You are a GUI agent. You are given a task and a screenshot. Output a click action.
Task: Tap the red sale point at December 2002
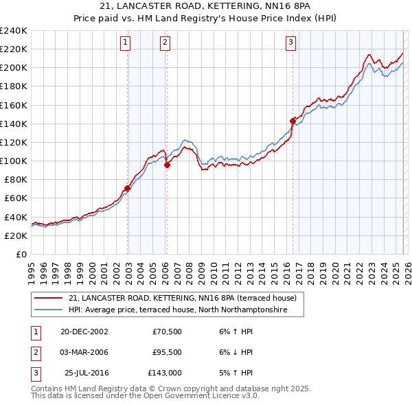128,188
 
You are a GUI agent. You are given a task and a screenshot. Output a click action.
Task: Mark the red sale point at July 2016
293,121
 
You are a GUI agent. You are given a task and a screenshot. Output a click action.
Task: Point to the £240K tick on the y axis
14,31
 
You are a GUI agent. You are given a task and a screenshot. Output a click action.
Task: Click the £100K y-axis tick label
14,161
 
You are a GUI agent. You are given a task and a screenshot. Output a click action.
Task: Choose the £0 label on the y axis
21,254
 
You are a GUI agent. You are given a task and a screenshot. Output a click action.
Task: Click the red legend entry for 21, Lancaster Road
182,298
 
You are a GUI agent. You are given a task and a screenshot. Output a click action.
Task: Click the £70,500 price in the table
166,331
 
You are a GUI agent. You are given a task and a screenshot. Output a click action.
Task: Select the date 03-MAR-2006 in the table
84,352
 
